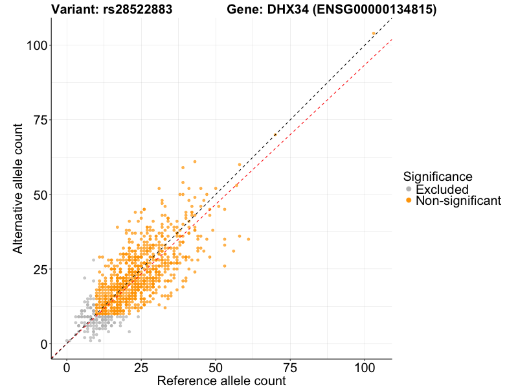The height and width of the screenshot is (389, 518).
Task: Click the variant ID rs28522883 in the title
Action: point(137,10)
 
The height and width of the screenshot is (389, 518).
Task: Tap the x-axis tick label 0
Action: point(67,367)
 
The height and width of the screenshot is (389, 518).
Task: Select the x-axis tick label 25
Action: point(141,367)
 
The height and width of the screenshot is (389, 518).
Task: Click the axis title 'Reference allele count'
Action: point(221,381)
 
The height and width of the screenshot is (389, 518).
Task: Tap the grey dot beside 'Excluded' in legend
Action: point(408,189)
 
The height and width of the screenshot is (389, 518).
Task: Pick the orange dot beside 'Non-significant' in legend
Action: point(408,201)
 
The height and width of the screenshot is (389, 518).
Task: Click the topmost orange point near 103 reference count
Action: point(374,33)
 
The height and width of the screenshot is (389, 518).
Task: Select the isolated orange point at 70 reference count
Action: point(275,134)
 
